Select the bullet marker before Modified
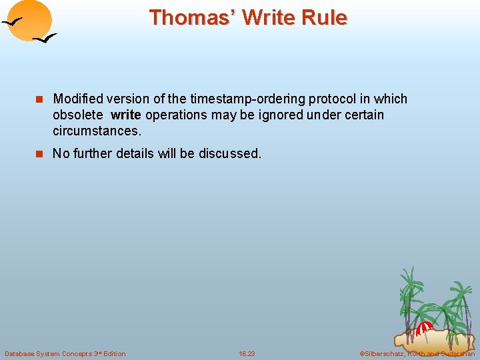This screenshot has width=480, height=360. pyautogui.click(x=39, y=99)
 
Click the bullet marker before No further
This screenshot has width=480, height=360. pyautogui.click(x=39, y=154)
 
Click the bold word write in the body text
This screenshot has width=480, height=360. pyautogui.click(x=126, y=115)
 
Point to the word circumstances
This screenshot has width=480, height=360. pyautogui.click(x=97, y=130)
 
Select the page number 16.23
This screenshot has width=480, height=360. pyautogui.click(x=247, y=353)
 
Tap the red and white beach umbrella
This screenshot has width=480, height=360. pyautogui.click(x=424, y=327)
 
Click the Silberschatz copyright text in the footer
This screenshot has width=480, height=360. pyautogui.click(x=417, y=353)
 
